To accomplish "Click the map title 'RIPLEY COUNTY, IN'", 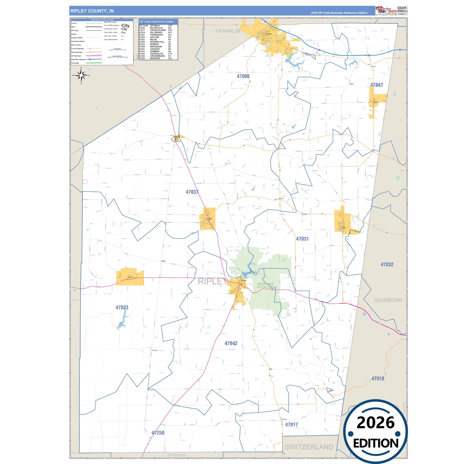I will click(92, 11).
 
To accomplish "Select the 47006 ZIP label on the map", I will click(243, 76).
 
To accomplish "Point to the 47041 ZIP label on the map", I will click(376, 85).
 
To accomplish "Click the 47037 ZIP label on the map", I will click(192, 192).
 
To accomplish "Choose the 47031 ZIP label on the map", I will click(302, 239).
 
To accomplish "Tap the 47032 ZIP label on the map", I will click(387, 265).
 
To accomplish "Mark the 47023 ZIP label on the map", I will click(122, 308).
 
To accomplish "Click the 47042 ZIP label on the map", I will click(231, 344).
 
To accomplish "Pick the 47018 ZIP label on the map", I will click(378, 379).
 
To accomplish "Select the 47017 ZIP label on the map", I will click(292, 425).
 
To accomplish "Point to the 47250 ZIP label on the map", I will click(158, 433).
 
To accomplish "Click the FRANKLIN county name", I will click(228, 31).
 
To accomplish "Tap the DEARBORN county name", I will click(388, 300).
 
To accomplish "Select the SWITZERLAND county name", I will click(309, 447).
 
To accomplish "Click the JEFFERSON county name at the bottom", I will click(176, 455).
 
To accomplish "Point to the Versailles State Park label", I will click(265, 285).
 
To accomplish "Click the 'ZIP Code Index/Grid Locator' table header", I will click(156, 22).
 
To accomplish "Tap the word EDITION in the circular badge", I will click(376, 443).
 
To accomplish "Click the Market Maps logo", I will click(386, 11).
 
